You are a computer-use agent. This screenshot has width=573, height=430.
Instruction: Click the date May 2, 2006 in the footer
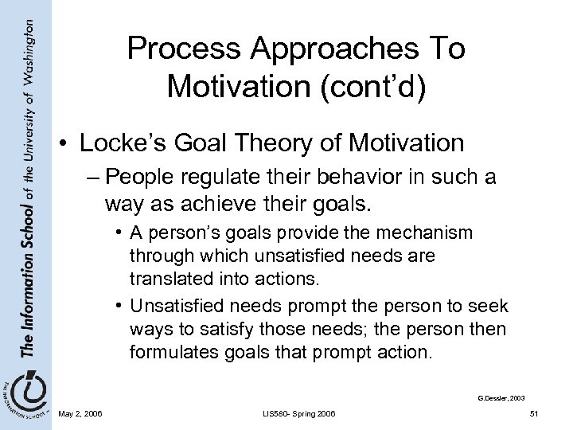80,412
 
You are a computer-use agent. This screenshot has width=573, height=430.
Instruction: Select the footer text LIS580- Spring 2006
297,412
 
